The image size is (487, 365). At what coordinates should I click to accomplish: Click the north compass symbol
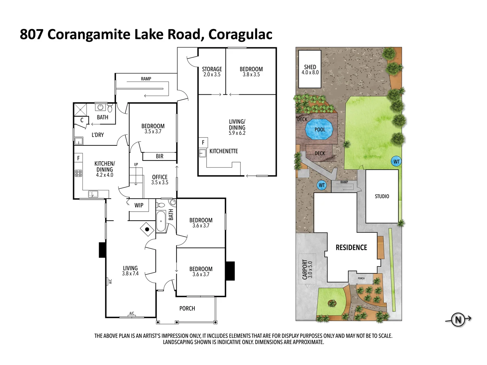click(x=458, y=319)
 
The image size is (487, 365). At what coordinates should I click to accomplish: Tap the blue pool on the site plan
click(x=319, y=129)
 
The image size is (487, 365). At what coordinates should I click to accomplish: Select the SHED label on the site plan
click(x=310, y=67)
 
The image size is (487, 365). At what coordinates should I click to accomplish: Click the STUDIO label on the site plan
click(x=382, y=196)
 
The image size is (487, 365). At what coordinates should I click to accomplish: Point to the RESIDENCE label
click(x=351, y=247)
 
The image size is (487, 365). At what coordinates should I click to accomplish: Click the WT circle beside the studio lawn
click(x=396, y=162)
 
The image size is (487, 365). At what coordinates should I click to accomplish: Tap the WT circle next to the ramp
click(x=322, y=185)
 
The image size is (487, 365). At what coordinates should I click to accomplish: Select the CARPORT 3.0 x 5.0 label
click(x=307, y=269)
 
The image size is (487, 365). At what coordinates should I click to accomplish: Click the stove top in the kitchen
click(x=78, y=173)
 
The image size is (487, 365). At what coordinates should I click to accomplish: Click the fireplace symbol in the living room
click(x=147, y=229)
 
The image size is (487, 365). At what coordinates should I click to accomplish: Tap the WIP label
click(x=139, y=205)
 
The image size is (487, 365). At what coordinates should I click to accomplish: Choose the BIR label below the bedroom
click(x=160, y=156)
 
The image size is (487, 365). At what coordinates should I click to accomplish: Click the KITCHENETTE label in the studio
click(x=224, y=151)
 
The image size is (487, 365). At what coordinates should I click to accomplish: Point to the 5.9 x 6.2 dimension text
click(x=237, y=133)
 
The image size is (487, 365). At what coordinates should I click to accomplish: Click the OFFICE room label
click(x=160, y=177)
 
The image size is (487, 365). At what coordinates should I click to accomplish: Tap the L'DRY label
click(x=98, y=135)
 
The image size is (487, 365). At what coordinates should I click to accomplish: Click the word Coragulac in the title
click(x=240, y=34)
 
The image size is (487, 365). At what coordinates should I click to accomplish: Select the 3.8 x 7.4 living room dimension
click(x=130, y=274)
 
